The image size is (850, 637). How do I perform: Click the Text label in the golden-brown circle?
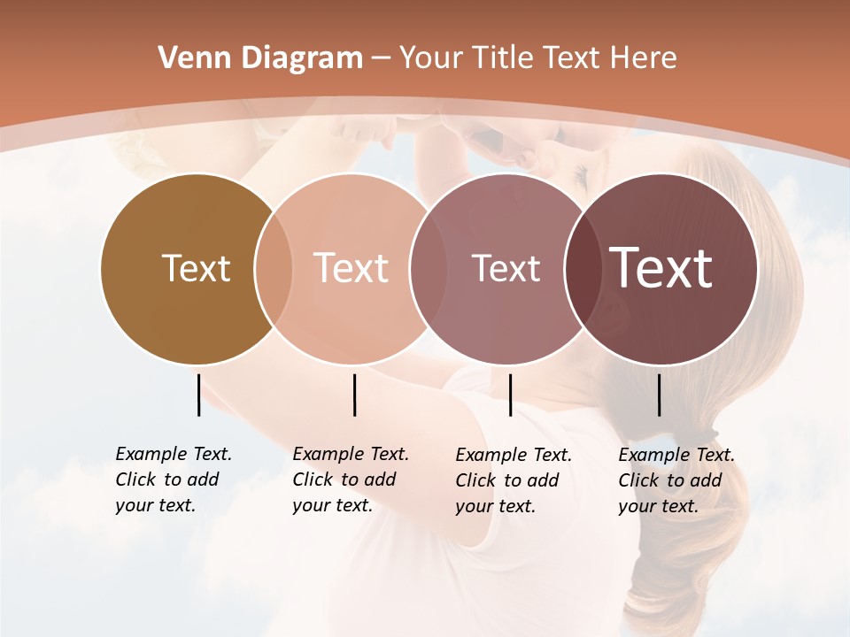coord(196,268)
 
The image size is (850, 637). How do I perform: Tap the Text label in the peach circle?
coord(352,268)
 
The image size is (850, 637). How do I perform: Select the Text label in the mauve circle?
coord(506,268)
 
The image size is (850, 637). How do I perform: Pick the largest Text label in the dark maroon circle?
coord(661,267)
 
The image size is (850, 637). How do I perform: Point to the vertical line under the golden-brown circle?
coord(198,395)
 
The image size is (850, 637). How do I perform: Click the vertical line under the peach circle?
coord(354,395)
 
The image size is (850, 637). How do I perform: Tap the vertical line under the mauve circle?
coord(510,395)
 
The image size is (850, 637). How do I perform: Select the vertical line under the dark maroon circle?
coord(659,395)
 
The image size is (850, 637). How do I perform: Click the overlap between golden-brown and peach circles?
coord(274,269)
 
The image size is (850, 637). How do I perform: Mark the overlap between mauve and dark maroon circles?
coord(583,269)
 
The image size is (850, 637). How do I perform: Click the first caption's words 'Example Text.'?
coord(174,454)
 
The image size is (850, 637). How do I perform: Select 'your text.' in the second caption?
coord(332,505)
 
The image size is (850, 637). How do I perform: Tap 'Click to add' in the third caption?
coord(507,480)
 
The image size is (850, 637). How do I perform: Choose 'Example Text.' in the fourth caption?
coord(676,455)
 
